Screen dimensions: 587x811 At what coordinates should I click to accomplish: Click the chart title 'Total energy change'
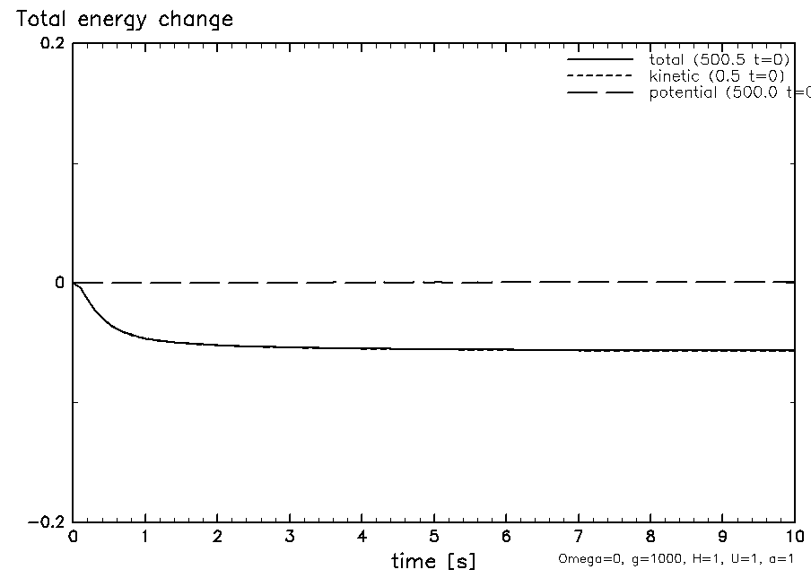124,19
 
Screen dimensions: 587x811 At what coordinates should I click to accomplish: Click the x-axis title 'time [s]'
433,562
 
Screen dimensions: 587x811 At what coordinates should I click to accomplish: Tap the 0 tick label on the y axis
60,283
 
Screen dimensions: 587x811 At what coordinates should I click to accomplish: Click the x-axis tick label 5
434,538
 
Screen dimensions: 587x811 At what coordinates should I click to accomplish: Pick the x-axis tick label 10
794,538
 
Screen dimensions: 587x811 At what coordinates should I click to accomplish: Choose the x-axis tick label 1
145,538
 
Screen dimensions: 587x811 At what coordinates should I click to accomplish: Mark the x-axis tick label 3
290,538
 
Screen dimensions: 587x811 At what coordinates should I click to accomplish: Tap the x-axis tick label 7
579,538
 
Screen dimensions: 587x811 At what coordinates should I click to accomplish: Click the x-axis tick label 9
723,538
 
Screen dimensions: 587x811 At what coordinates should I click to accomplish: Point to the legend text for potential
728,92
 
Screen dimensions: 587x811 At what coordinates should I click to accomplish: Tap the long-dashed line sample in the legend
600,92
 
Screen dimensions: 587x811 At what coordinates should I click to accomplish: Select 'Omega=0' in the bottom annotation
582,558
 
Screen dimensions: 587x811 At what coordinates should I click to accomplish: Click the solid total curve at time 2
217,345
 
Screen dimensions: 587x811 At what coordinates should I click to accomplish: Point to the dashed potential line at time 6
507,282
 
